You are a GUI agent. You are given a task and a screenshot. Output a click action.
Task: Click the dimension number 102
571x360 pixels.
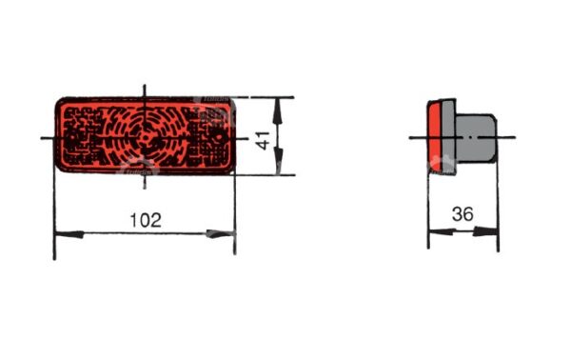click(146, 220)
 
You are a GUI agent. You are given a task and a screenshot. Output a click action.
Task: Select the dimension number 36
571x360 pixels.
click(463, 214)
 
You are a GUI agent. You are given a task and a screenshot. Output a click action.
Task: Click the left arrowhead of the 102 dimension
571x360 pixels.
click(69, 234)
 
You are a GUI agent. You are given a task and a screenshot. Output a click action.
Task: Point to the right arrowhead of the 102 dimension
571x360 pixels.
click(221, 233)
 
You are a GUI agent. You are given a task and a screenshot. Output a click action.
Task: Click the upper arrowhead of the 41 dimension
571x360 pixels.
click(278, 110)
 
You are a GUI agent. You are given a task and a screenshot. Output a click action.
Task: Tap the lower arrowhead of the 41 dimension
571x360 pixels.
click(278, 161)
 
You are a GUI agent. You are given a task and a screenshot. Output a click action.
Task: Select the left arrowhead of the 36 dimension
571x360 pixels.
click(443, 231)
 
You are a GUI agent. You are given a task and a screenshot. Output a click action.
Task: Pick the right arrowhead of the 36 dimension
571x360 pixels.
click(485, 231)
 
